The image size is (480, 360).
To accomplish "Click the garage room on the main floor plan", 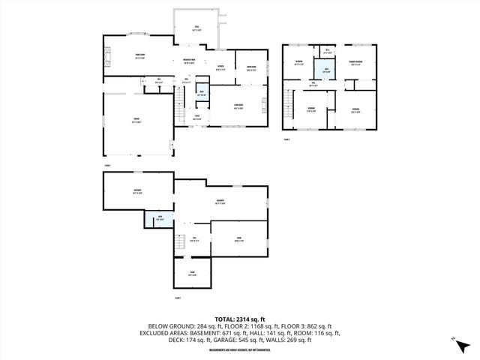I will pos(136,124).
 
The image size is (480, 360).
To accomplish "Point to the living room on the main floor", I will pos(238,106).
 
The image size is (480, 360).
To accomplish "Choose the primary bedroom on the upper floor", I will pos(355,63).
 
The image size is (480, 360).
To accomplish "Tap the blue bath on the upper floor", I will pos(326,72).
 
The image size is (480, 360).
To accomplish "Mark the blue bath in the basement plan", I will pos(160,218).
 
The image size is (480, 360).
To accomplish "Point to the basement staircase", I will pos(180,243).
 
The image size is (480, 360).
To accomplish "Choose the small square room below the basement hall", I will pos(193,274).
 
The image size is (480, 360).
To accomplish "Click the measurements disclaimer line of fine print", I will pos(240,348).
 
